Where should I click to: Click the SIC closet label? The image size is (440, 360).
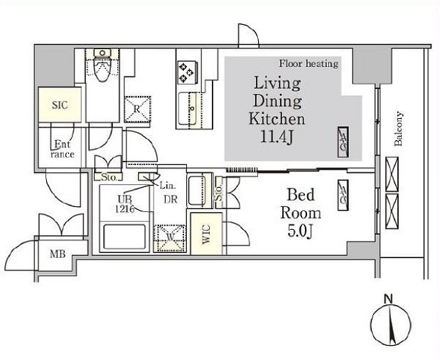click(x=60, y=105)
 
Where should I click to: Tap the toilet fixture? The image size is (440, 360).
click(x=102, y=65)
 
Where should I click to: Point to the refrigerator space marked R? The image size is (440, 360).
click(x=137, y=109)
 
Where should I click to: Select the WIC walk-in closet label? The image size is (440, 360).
click(x=206, y=234)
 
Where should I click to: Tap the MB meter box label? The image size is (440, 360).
click(x=58, y=254)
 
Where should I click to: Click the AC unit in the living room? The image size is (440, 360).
click(x=343, y=142)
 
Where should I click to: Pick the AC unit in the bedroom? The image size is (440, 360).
click(x=343, y=195)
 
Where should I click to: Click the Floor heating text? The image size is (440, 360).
click(x=308, y=64)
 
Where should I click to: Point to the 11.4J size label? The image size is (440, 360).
click(x=277, y=137)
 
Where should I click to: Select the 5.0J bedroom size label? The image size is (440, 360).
click(x=300, y=231)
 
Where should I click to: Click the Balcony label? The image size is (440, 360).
click(x=399, y=129)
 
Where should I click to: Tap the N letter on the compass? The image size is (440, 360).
click(x=388, y=299)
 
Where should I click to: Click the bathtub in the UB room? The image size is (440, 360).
click(x=124, y=236)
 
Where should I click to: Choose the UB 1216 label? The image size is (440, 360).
click(x=125, y=204)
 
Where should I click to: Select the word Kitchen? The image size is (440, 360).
click(x=277, y=119)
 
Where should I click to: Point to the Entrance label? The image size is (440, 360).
click(x=63, y=149)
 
